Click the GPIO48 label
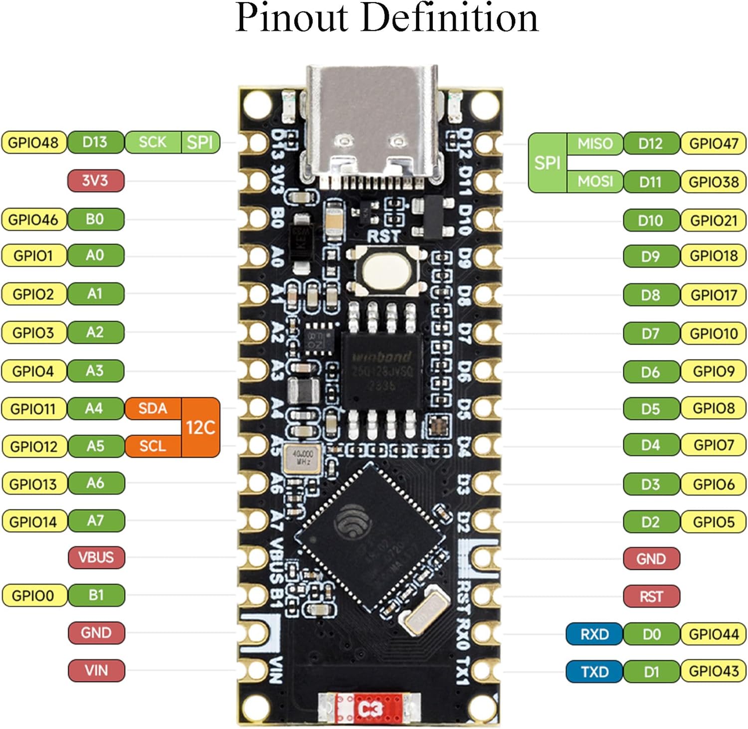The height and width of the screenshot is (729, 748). pos(33,143)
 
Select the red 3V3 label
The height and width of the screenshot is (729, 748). pos(95,181)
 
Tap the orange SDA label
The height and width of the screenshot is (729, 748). pos(153,408)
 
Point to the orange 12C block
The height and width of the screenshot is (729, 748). pos(200,427)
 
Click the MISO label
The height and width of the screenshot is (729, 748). pos(594,144)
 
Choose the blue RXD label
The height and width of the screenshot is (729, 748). pos(594,634)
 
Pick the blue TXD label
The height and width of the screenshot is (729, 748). pos(594,672)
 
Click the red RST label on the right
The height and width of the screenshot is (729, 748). pos(651,596)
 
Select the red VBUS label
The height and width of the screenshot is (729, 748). pos(96,557)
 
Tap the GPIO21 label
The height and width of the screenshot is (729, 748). pos(714,220)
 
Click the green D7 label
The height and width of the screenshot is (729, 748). pos(651,334)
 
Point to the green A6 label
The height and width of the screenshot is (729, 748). pos(95,483)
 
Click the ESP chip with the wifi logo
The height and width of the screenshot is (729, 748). pos(370,536)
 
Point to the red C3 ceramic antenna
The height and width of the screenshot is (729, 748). pos(370,708)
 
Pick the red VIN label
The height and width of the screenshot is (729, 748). pos(96,670)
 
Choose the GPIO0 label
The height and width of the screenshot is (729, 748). pos(33,595)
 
